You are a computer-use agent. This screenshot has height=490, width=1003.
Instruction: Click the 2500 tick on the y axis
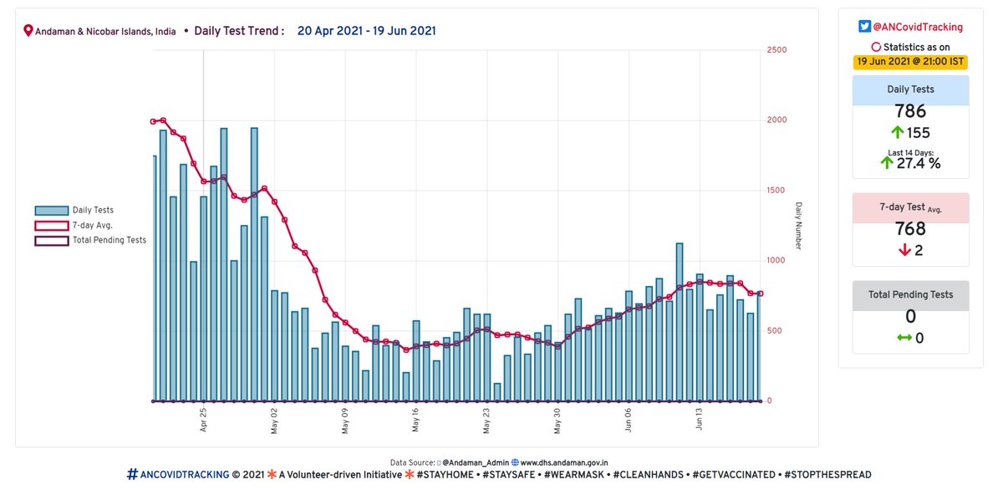point(776,50)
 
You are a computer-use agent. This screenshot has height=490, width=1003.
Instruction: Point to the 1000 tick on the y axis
point(776,261)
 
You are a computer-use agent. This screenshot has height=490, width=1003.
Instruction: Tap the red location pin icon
point(28,31)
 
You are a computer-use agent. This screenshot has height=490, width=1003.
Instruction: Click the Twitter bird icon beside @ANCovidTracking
point(865,28)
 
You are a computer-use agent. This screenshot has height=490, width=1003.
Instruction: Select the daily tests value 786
point(910,112)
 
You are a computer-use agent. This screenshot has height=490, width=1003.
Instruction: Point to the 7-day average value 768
point(910,229)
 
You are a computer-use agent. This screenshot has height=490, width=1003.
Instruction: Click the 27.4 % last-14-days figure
point(919,163)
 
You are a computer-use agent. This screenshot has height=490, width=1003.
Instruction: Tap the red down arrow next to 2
point(903,251)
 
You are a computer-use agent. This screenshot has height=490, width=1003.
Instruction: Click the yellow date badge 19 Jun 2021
point(910,61)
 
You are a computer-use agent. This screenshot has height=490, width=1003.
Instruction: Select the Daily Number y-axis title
point(798,225)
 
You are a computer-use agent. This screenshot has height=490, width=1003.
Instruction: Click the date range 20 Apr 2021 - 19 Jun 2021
point(367,31)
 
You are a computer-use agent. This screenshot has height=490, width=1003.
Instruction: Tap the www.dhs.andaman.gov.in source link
point(565,462)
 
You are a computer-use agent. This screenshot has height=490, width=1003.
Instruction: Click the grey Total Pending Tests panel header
point(910,295)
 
